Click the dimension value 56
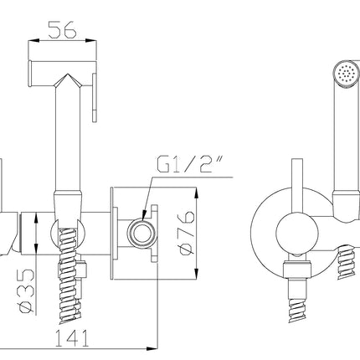tap(62, 29)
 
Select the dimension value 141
tap(72, 338)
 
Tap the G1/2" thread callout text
tap(190, 165)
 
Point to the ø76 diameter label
tap(187, 233)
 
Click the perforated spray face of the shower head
tap(346, 74)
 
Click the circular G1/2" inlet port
tap(141, 233)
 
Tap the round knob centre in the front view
tap(297, 233)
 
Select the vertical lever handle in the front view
tap(297, 187)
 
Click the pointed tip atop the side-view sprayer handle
tap(68, 74)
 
